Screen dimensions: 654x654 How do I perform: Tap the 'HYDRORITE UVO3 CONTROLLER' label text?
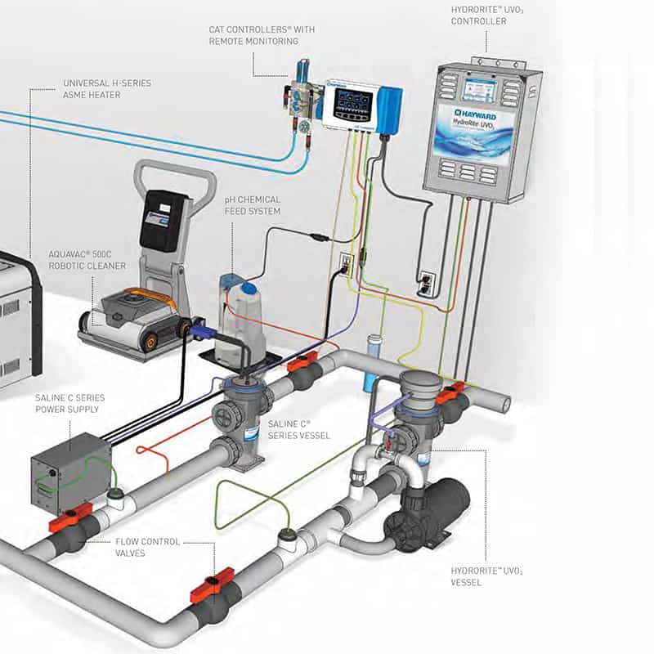[483, 15]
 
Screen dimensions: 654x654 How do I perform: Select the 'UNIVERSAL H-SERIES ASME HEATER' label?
[107, 88]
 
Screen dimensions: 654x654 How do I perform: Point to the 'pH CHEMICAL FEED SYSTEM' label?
[253, 205]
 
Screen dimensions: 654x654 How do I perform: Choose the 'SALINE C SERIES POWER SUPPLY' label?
[69, 404]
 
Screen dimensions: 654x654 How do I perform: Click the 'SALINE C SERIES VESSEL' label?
[299, 430]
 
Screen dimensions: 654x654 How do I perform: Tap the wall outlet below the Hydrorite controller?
[426, 282]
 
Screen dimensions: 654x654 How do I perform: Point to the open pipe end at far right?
[505, 402]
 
